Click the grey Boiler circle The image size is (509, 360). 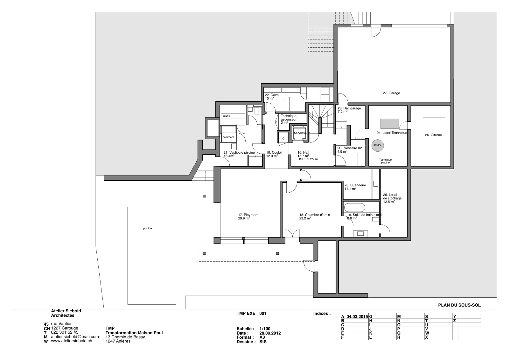(x=377, y=145)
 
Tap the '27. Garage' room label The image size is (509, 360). (x=391, y=93)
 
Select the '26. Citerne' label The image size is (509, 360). (x=433, y=135)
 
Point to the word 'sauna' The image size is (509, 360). (x=226, y=116)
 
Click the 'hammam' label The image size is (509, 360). (x=228, y=137)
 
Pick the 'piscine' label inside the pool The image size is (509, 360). (x=148, y=228)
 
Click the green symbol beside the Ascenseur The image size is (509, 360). (x=283, y=138)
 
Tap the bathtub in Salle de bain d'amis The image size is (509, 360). (x=354, y=208)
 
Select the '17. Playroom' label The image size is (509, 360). (x=248, y=215)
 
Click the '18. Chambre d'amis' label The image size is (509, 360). (x=315, y=215)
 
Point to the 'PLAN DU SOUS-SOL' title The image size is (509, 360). (x=459, y=305)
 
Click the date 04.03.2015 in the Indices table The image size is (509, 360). (x=357, y=317)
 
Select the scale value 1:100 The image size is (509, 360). (x=265, y=329)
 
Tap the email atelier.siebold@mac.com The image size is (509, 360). (x=75, y=336)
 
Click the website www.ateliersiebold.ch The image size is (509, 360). (x=71, y=341)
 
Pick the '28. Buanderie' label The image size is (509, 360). (x=355, y=185)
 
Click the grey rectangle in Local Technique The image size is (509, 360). (x=389, y=124)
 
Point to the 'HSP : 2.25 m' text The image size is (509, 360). (x=307, y=159)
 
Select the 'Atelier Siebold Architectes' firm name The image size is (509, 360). (x=66, y=313)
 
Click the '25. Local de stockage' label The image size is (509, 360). (x=392, y=198)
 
